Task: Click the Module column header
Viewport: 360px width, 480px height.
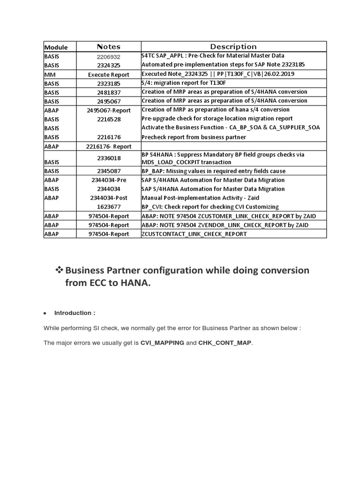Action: (x=56, y=47)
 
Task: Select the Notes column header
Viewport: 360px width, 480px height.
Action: (x=108, y=46)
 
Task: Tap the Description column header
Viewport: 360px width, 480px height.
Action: (x=233, y=46)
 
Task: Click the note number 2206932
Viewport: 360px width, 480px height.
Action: (x=108, y=56)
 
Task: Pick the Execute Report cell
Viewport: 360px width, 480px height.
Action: (x=108, y=74)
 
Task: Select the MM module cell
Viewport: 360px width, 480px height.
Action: (x=50, y=74)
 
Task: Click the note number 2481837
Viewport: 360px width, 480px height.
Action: (x=108, y=92)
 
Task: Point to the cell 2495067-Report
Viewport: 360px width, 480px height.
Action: (x=108, y=110)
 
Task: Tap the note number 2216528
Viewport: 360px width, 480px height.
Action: (x=108, y=119)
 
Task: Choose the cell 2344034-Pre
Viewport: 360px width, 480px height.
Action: (x=108, y=180)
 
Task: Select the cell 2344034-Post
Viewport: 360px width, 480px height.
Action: (x=108, y=198)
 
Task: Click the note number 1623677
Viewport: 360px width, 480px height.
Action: (x=108, y=207)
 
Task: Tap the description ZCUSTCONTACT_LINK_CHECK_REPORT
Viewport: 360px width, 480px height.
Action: (x=194, y=234)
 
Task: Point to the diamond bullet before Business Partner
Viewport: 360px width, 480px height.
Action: (x=59, y=270)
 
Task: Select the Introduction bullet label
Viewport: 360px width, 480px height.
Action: (x=75, y=313)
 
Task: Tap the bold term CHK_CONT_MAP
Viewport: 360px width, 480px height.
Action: (x=225, y=343)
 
